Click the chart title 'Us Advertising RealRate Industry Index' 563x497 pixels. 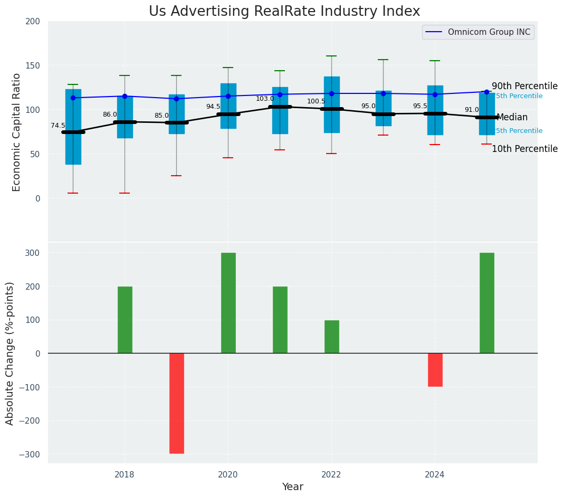click(284, 12)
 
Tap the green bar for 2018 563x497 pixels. click(125, 320)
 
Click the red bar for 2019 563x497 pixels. click(177, 403)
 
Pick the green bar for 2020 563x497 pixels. click(228, 303)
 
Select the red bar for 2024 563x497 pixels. click(435, 370)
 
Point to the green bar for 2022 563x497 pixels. click(332, 337)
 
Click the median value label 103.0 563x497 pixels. click(265, 99)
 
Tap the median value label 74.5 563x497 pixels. click(58, 126)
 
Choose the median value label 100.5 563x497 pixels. click(316, 101)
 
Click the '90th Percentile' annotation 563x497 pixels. click(524, 86)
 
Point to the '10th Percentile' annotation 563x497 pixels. click(524, 149)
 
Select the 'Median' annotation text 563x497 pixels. click(512, 117)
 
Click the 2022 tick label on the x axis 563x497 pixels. click(331, 474)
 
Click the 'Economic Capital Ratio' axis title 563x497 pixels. click(17, 132)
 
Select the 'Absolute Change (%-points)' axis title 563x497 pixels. click(10, 353)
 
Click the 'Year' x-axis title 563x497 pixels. click(292, 487)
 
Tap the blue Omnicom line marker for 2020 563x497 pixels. click(228, 96)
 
